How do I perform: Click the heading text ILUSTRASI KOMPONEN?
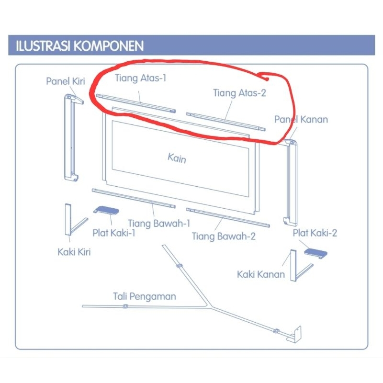(x=80, y=46)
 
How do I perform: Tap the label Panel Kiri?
(x=65, y=81)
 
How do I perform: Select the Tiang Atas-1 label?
(x=140, y=77)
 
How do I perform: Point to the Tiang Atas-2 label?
(x=239, y=92)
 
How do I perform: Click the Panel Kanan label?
(x=301, y=119)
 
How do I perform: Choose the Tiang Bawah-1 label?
(x=159, y=223)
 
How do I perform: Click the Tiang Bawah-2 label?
(x=224, y=236)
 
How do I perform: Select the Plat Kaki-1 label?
(x=114, y=233)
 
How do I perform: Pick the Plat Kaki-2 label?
(x=315, y=233)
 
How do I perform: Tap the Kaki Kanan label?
(x=261, y=274)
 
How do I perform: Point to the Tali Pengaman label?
(x=145, y=296)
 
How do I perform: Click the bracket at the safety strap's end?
(x=297, y=335)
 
